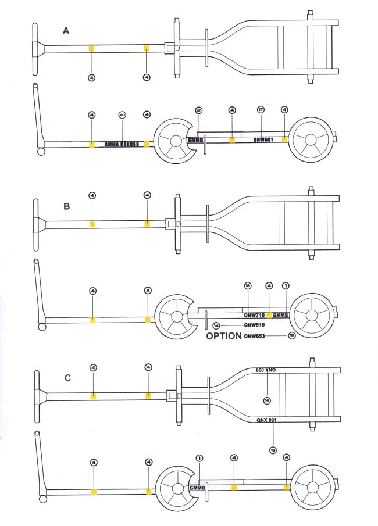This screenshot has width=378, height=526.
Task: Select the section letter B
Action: pos(66,206)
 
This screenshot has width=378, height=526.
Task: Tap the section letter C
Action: pos(67,378)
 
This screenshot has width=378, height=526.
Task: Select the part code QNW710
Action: pos(254,315)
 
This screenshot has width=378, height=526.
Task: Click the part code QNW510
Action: pos(254,325)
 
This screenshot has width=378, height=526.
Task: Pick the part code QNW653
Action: pos(255,336)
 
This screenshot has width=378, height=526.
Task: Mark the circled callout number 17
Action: pos(261,109)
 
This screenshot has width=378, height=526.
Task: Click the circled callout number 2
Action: pos(199,110)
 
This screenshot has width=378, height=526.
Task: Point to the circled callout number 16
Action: pos(247,285)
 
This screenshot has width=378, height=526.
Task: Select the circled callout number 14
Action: pos(216,325)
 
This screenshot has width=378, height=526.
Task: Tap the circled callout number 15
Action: pos(291,336)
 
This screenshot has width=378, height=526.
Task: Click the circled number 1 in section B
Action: pos(286,285)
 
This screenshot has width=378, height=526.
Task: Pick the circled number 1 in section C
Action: pos(199,458)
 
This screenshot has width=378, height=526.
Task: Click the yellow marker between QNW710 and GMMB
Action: pos(269,315)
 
